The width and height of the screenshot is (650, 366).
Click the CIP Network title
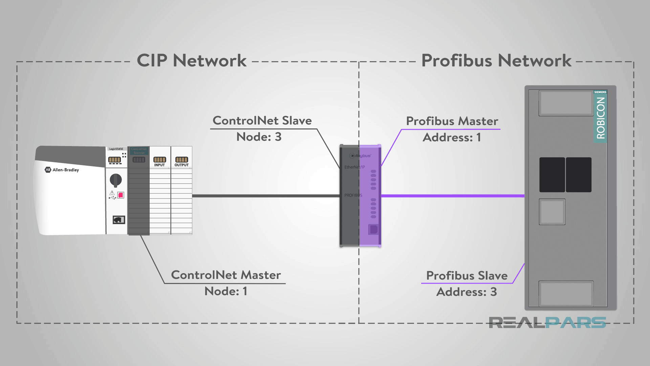[x=192, y=61]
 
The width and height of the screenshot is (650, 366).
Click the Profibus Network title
[x=496, y=61]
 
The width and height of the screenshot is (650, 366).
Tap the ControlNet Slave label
[x=262, y=121]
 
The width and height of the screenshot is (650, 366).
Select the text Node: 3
[x=259, y=137]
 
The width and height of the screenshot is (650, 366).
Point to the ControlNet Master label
[x=226, y=275]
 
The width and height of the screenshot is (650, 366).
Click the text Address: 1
[x=452, y=138]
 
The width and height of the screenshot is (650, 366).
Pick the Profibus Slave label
[x=467, y=276]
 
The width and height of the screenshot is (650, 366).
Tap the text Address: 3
[x=467, y=292]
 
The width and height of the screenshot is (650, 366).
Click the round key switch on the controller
[x=116, y=180]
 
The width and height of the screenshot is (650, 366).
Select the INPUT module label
[x=159, y=165]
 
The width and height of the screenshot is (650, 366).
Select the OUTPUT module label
[x=181, y=165]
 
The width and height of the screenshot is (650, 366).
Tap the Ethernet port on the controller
[x=118, y=220]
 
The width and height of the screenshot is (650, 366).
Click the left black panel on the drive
[x=552, y=175]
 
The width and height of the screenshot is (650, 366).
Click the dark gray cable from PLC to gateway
[x=266, y=196]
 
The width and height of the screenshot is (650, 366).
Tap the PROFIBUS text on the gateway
[x=353, y=195]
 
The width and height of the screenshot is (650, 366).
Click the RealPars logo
[x=547, y=323]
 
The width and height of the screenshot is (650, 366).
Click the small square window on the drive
[x=552, y=212]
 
